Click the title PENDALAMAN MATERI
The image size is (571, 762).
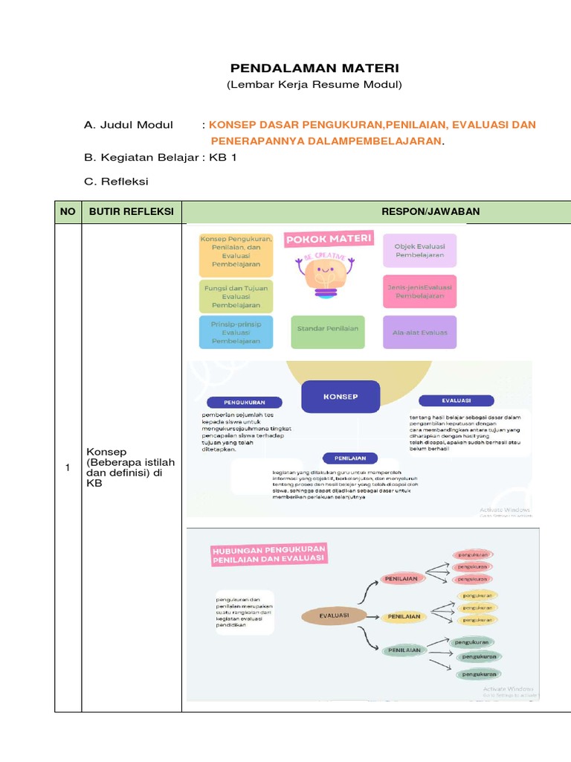(x=314, y=68)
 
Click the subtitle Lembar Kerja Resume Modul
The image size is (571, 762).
(x=314, y=85)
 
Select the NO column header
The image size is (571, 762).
(x=68, y=212)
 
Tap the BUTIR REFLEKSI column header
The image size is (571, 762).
(x=131, y=212)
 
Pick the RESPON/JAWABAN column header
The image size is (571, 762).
(x=430, y=212)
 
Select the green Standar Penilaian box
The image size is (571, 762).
(x=328, y=328)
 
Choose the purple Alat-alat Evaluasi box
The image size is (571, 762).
(x=420, y=332)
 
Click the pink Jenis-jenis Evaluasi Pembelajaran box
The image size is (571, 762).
(x=420, y=290)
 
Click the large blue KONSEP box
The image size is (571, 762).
(x=340, y=397)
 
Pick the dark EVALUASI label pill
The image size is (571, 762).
(x=456, y=400)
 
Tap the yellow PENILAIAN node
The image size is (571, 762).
(x=404, y=616)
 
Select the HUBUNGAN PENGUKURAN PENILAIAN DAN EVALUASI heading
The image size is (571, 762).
(x=268, y=554)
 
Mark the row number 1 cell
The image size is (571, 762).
(x=68, y=467)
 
